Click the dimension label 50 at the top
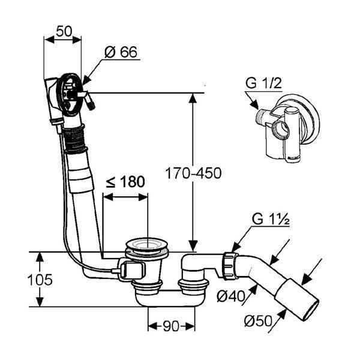(x=64, y=31)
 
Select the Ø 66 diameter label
(x=121, y=52)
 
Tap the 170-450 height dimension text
(x=193, y=173)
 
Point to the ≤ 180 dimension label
(x=125, y=182)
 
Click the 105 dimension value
(x=40, y=280)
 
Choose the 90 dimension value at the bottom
(x=171, y=326)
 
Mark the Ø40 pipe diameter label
(x=231, y=296)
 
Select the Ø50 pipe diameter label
(x=258, y=320)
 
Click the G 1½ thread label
(x=271, y=220)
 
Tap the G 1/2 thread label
(x=263, y=83)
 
